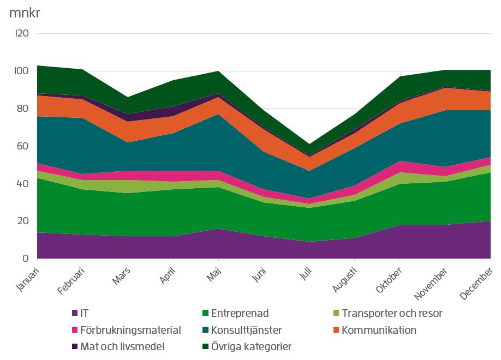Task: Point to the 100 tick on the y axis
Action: click(21, 71)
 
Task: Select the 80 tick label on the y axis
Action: click(22, 109)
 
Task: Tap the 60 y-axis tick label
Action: click(22, 146)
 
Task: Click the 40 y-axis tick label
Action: click(22, 184)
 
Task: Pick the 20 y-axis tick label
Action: click(22, 221)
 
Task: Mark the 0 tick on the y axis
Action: click(25, 259)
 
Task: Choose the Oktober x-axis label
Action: click(392, 279)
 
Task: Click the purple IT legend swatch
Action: click(75, 314)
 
